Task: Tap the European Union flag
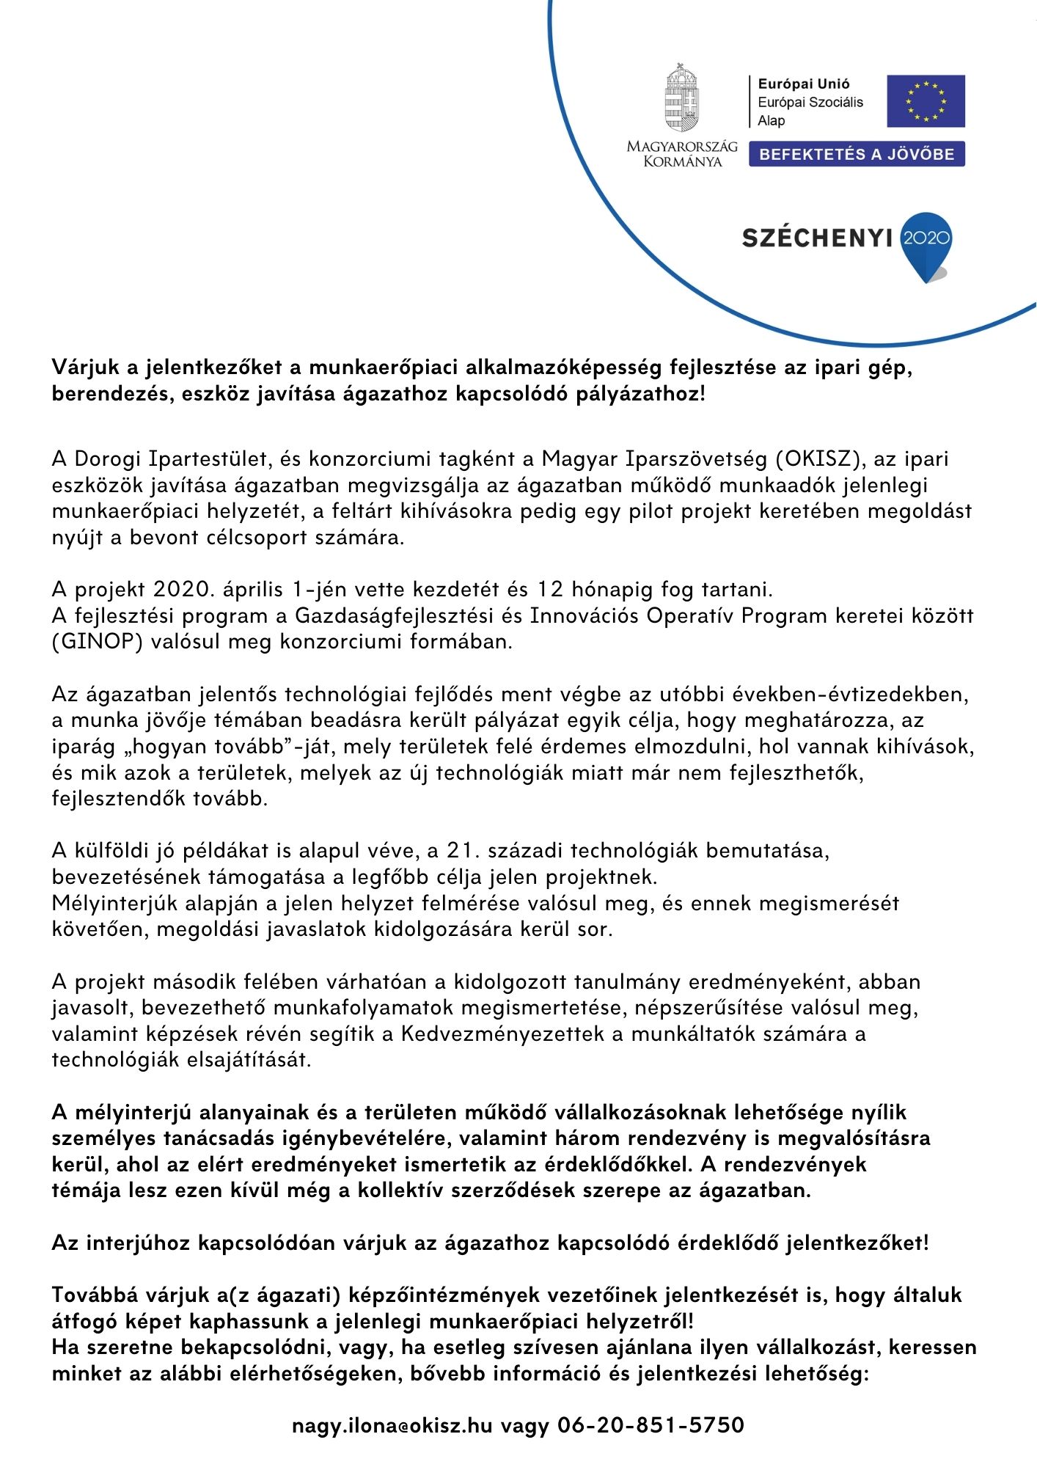point(926,101)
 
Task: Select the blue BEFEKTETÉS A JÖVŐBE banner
point(857,154)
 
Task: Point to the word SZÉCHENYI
point(817,238)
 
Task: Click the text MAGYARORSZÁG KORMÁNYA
point(682,154)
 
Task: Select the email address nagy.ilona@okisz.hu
point(392,1425)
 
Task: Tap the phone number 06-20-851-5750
point(651,1425)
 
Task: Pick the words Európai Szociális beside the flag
point(810,103)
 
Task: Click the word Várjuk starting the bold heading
point(92,367)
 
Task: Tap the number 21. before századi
point(461,851)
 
